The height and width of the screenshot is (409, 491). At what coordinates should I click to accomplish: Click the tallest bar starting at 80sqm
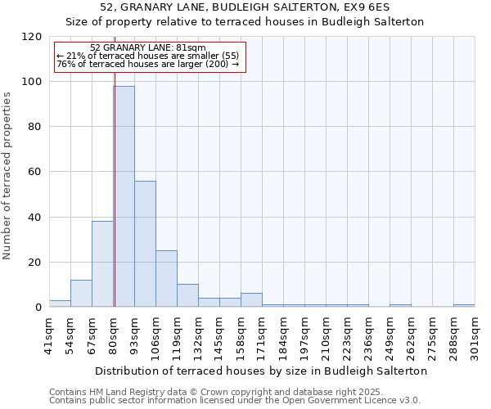coord(124,196)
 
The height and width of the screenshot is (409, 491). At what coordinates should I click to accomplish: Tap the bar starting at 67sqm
coord(102,263)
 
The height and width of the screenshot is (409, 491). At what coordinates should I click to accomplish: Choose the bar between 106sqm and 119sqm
coord(166,278)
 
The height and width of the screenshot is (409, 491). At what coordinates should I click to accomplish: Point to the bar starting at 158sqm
coord(251,299)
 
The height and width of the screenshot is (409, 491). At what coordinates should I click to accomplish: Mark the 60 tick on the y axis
coord(35,172)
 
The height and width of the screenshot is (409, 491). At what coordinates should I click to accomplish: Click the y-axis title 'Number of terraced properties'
coord(7,175)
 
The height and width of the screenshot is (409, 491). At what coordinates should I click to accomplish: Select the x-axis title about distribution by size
coord(262,371)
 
